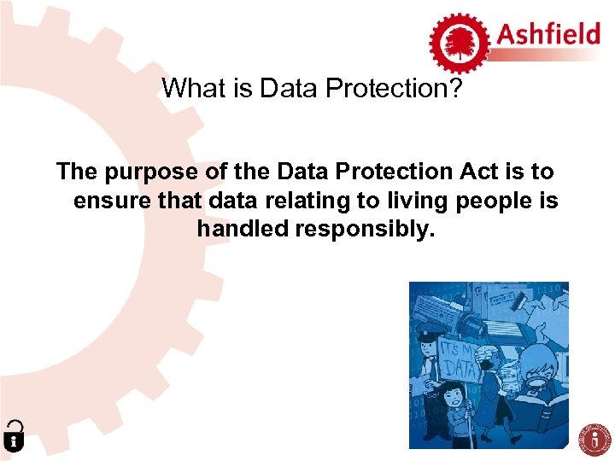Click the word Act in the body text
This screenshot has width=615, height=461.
[x=481, y=172]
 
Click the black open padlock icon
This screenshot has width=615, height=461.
[x=13, y=435]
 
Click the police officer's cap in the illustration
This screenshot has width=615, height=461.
[x=430, y=334]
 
